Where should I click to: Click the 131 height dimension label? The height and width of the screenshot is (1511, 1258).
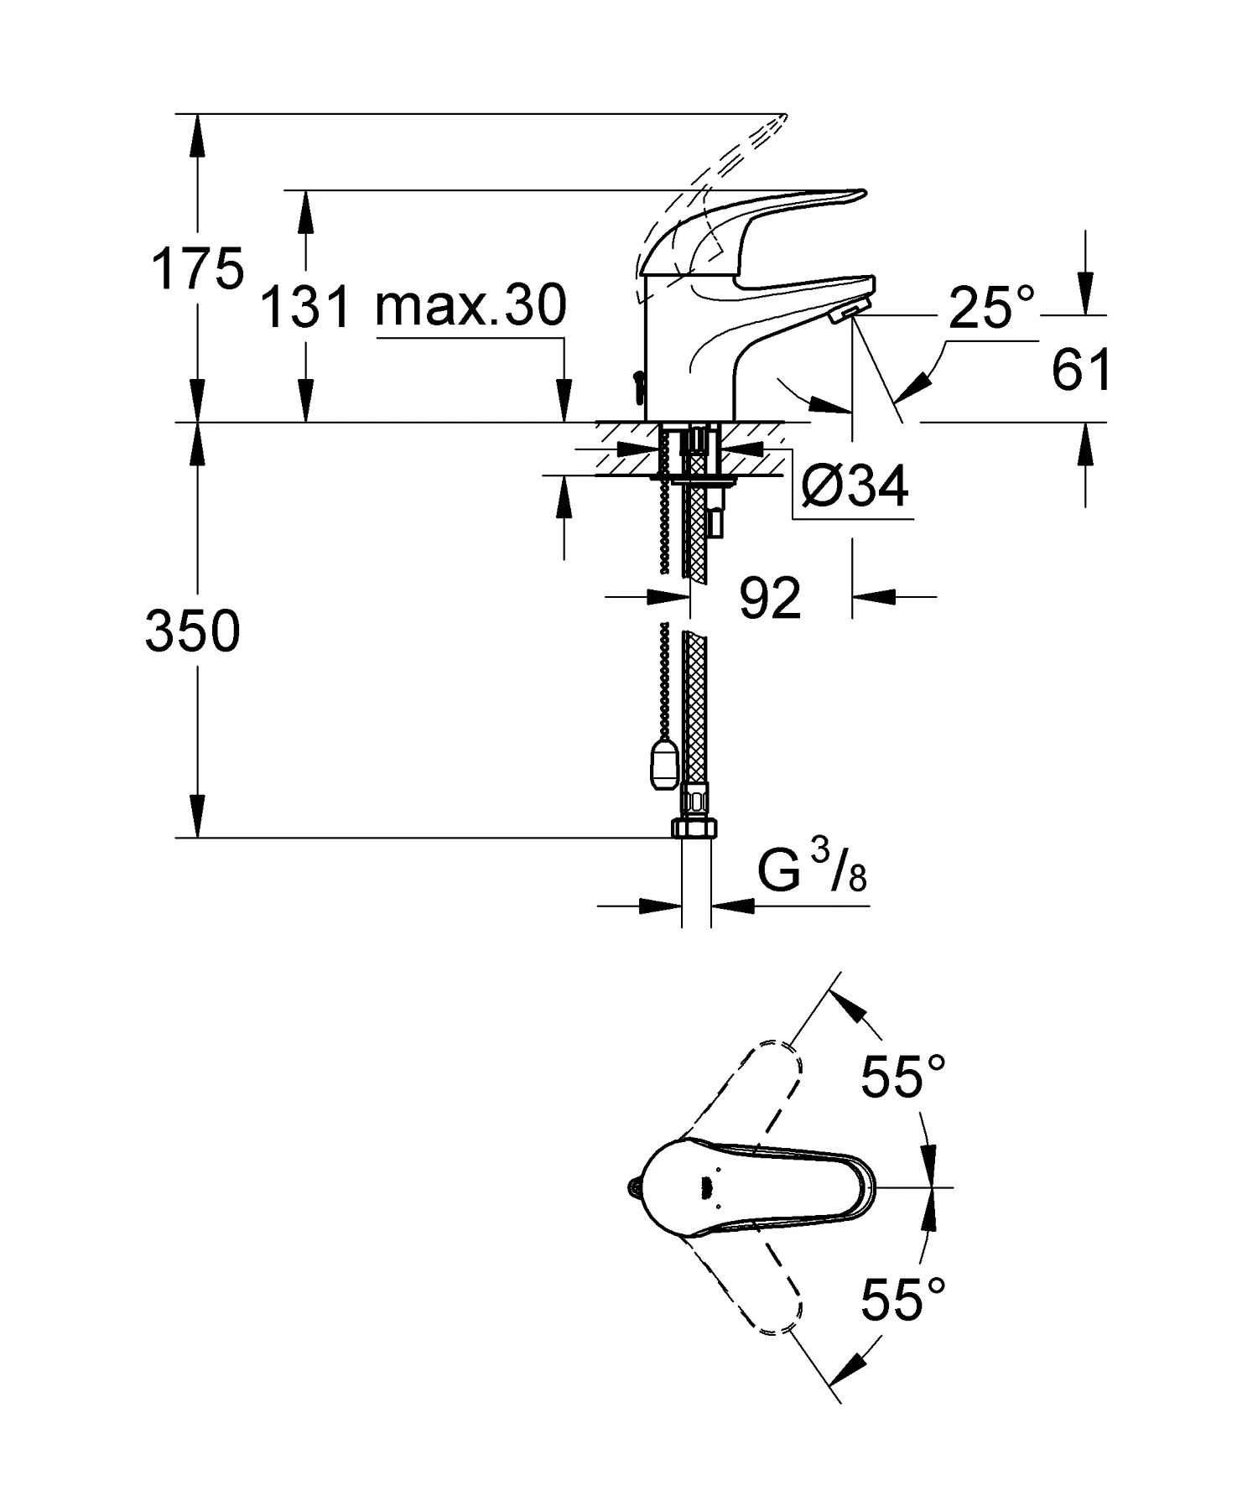(x=305, y=306)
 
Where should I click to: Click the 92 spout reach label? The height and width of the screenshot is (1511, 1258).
(x=771, y=598)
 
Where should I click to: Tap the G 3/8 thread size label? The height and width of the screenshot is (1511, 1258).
(x=812, y=872)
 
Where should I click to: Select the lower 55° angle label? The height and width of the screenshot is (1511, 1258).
(x=904, y=1299)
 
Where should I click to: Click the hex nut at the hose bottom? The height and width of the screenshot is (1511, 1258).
(x=694, y=828)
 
